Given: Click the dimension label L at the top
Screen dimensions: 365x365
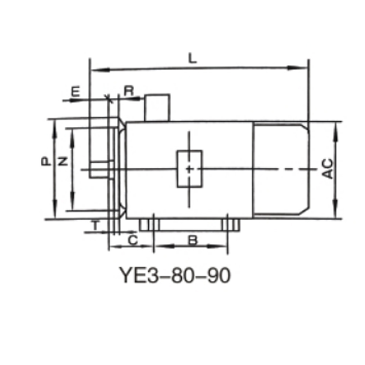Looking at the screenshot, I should [x=193, y=59].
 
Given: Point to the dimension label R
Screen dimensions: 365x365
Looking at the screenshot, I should [x=129, y=90].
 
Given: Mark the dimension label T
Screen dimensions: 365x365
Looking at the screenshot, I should [x=95, y=224].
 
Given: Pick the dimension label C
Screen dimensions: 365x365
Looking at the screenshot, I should [x=132, y=240].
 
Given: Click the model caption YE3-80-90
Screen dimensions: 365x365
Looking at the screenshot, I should [x=174, y=275].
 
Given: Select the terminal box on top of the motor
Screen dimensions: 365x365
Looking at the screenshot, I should [x=157, y=108].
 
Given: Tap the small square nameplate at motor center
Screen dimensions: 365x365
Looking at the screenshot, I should [x=189, y=169].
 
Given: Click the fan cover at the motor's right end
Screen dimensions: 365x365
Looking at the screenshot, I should [x=281, y=169].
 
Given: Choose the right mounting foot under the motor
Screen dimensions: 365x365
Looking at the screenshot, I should [x=230, y=225].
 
